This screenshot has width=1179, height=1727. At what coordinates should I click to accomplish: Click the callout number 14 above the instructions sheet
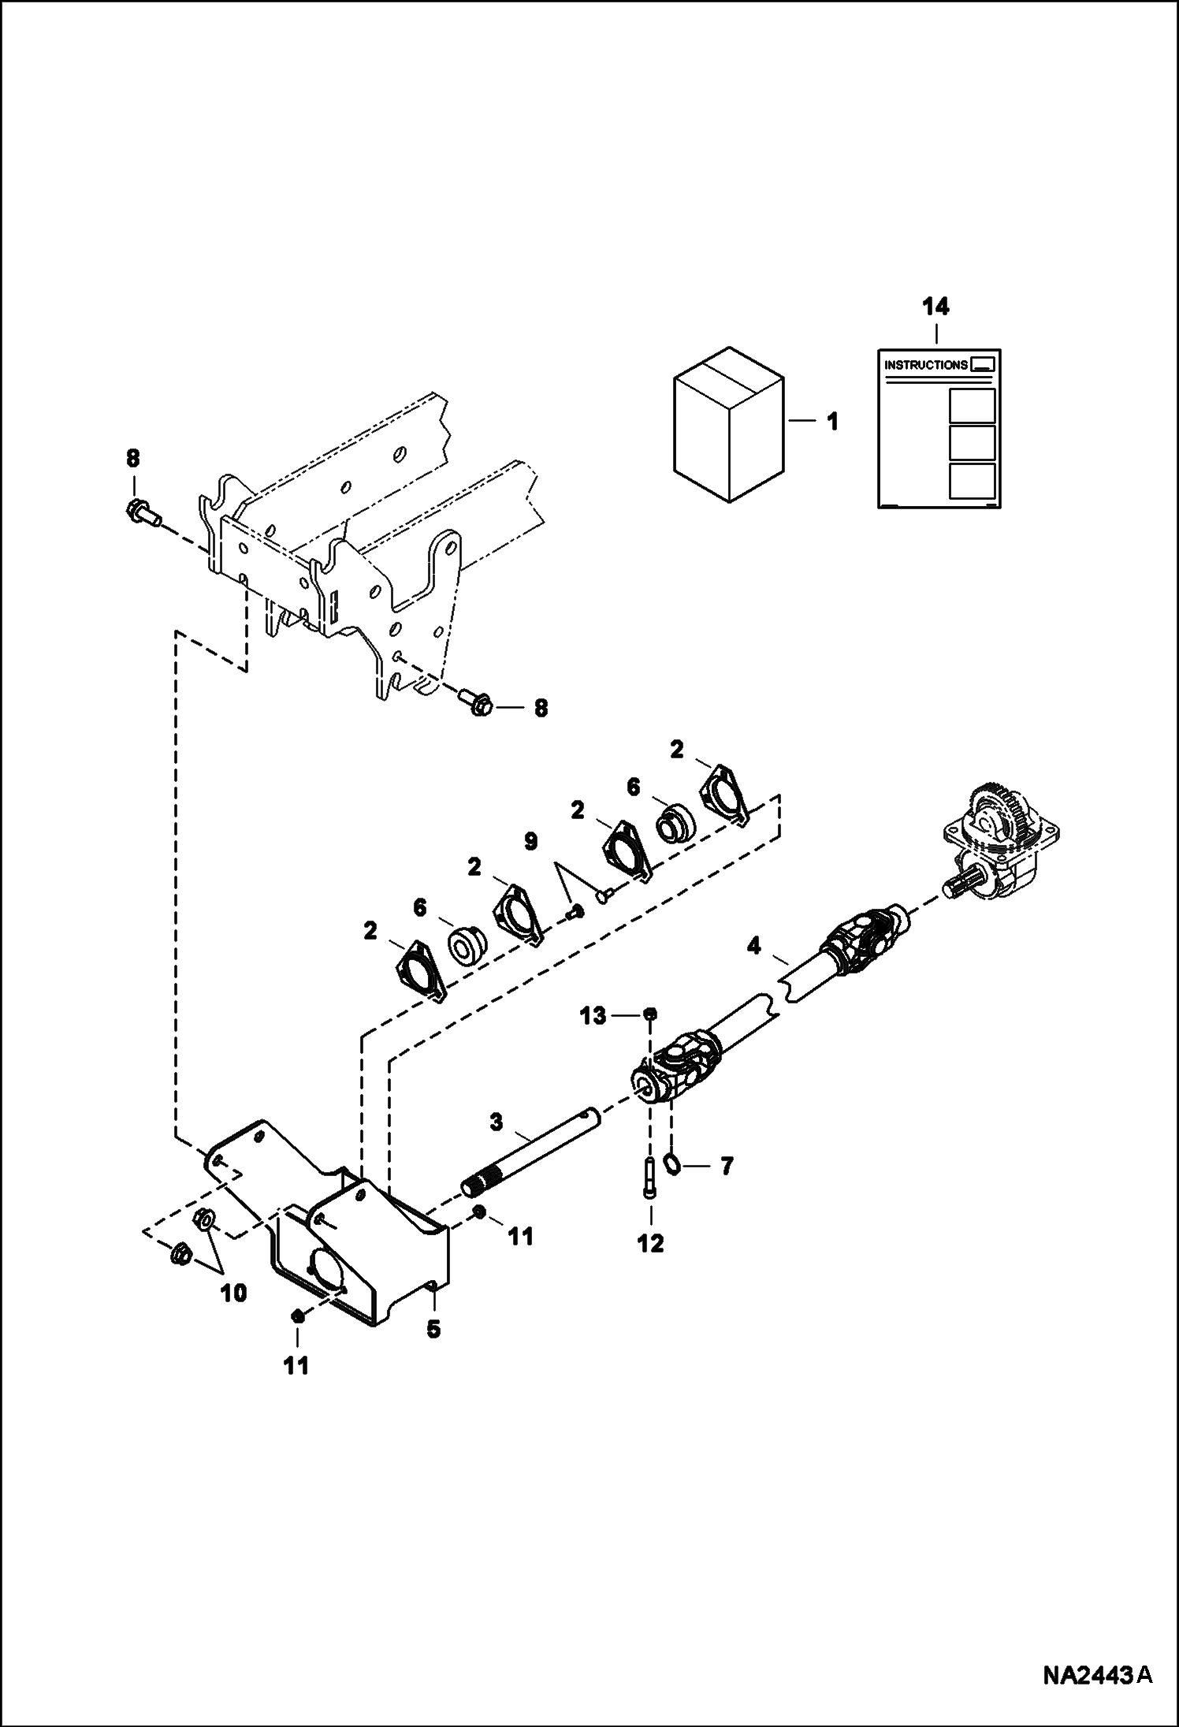click(x=936, y=307)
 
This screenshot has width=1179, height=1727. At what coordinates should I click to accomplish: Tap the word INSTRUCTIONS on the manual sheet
click(x=926, y=365)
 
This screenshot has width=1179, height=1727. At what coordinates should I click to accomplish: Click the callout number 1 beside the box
click(x=831, y=422)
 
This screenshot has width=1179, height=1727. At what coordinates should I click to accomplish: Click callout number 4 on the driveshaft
click(x=754, y=946)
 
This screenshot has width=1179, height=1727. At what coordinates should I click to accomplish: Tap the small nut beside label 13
click(x=650, y=1014)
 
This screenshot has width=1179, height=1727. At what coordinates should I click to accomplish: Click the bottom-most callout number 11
click(x=297, y=1365)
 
